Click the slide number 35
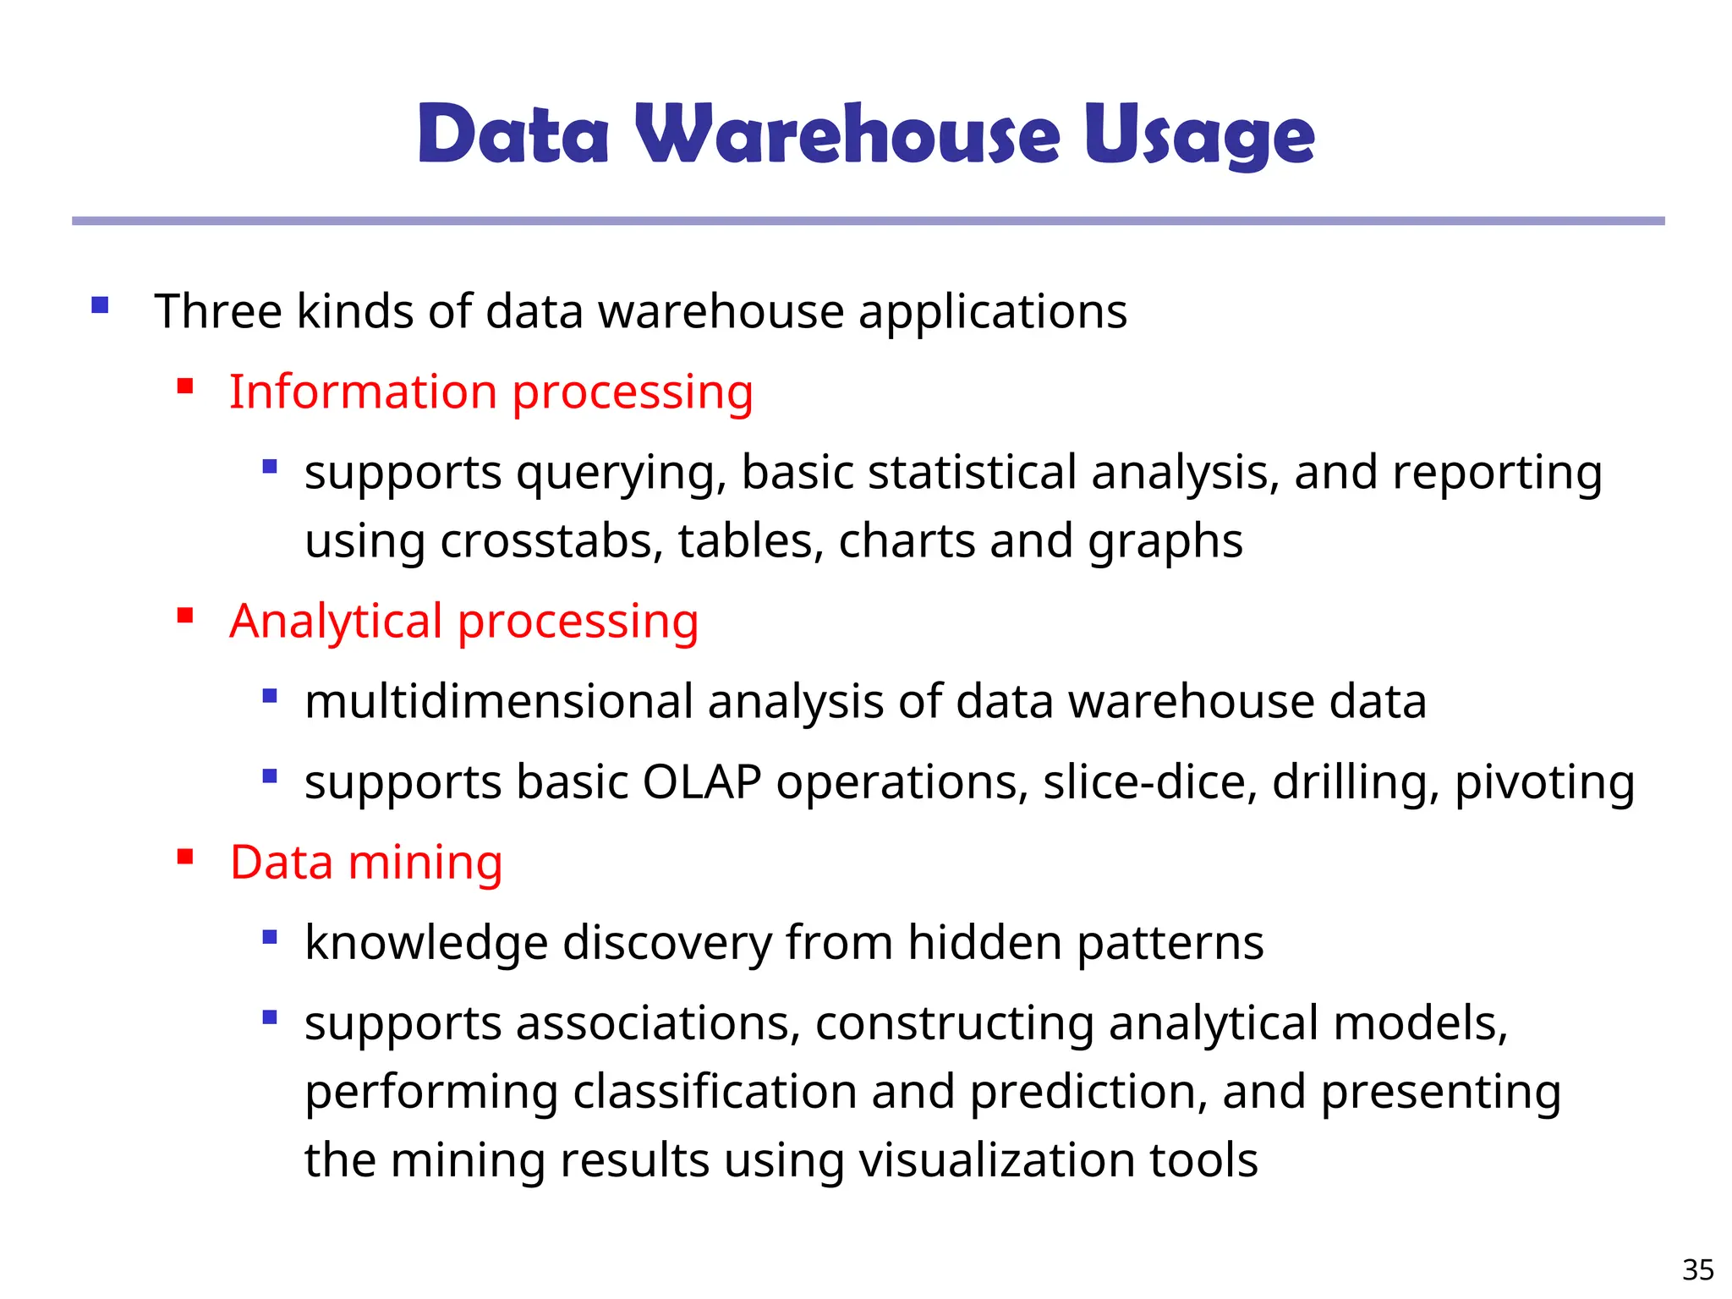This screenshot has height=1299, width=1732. pyautogui.click(x=1697, y=1269)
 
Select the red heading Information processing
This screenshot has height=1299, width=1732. pyautogui.click(x=491, y=392)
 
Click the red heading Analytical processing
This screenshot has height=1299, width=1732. pyautogui.click(x=463, y=622)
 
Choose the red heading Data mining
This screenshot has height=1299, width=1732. pyautogui.click(x=366, y=863)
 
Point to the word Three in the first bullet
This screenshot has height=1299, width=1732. pyautogui.click(x=217, y=311)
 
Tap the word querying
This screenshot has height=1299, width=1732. pyautogui.click(x=621, y=474)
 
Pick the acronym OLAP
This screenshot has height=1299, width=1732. pyautogui.click(x=702, y=782)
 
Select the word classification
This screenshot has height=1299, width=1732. pyautogui.click(x=715, y=1092)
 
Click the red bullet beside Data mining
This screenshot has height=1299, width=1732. pyautogui.click(x=185, y=858)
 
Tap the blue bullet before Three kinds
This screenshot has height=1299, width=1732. pyautogui.click(x=100, y=305)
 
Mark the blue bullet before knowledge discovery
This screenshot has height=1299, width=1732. pyautogui.click(x=270, y=937)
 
